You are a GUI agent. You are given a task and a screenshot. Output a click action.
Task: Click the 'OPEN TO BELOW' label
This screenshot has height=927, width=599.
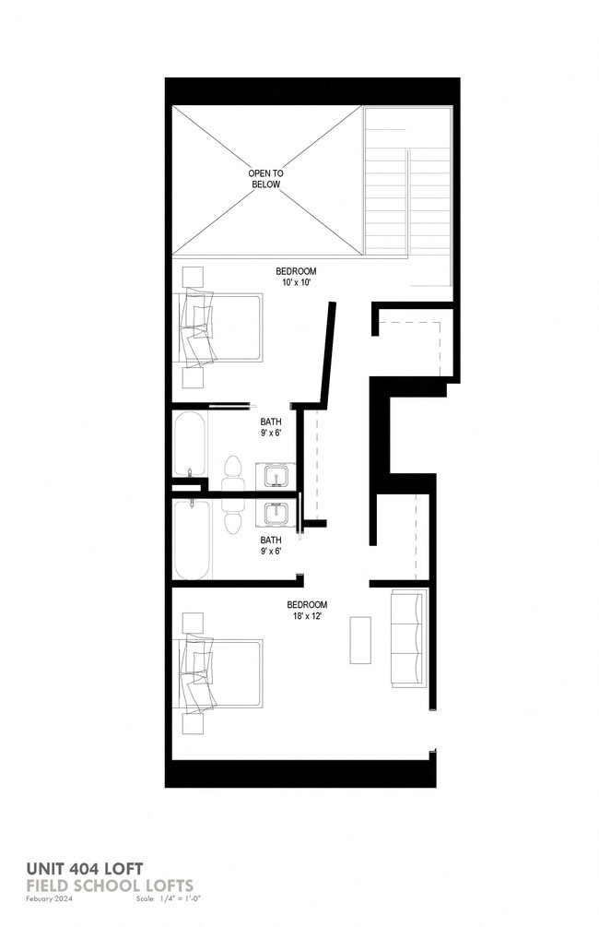click(x=264, y=179)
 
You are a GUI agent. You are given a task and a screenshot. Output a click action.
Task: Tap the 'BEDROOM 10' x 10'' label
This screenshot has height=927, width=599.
click(x=296, y=277)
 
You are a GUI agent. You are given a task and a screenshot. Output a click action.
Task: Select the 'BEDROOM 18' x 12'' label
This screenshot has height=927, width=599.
click(x=307, y=611)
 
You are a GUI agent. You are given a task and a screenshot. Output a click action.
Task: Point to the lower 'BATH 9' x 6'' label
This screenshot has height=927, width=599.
click(x=270, y=545)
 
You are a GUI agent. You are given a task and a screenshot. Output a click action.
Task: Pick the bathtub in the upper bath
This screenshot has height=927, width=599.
click(x=192, y=444)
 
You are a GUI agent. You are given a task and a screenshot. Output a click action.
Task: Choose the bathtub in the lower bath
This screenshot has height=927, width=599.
click(x=193, y=540)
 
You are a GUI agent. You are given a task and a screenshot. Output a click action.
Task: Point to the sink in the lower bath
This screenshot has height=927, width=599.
click(x=276, y=512)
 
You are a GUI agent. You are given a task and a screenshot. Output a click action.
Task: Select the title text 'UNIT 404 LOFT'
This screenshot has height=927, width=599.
click(x=84, y=868)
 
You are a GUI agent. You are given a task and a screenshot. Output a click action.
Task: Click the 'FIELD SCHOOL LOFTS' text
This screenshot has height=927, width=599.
click(x=110, y=885)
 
